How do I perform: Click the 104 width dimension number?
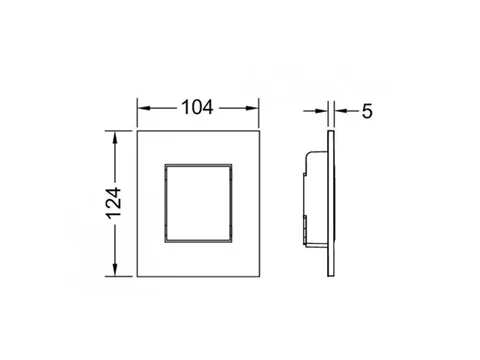[x=197, y=108]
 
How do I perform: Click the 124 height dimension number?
[x=114, y=203]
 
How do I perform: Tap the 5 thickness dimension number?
[x=367, y=111]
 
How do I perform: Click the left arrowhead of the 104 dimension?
[x=143, y=108]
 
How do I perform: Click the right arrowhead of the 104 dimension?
[x=252, y=108]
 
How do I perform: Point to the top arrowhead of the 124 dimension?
[x=115, y=138]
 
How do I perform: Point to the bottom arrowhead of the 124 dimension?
[x=115, y=270]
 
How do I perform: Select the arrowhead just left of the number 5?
[x=341, y=111]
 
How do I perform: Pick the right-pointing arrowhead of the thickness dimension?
[x=321, y=111]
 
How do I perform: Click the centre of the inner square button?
[x=198, y=203]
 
